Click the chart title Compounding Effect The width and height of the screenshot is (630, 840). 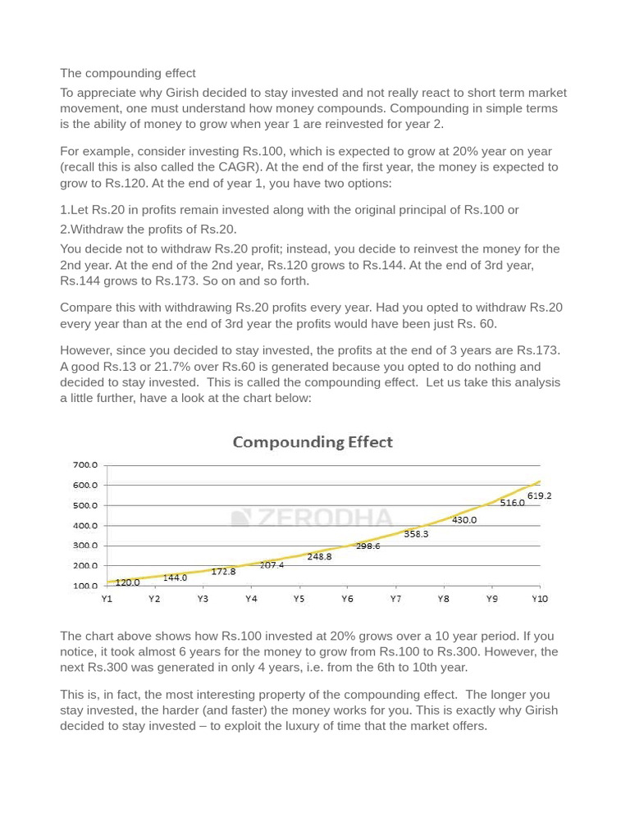pyautogui.click(x=313, y=442)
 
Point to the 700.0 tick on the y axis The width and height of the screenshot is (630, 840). pyautogui.click(x=85, y=465)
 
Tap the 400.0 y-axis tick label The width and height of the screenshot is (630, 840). pyautogui.click(x=85, y=526)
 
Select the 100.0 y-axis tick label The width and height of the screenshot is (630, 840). pyautogui.click(x=85, y=586)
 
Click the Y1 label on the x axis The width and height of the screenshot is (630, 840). pyautogui.click(x=107, y=600)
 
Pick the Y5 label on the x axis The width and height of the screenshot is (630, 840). pyautogui.click(x=299, y=600)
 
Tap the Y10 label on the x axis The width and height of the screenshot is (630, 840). pyautogui.click(x=539, y=600)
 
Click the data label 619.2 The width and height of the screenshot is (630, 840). pyautogui.click(x=539, y=496)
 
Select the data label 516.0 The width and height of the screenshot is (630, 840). pyautogui.click(x=512, y=503)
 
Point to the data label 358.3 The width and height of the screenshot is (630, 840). pyautogui.click(x=416, y=534)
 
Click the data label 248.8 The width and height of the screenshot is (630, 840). pyautogui.click(x=319, y=556)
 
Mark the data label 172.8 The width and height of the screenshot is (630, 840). pyautogui.click(x=223, y=572)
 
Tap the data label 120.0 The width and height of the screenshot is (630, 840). pyautogui.click(x=127, y=582)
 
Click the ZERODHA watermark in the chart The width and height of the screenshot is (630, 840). pyautogui.click(x=313, y=518)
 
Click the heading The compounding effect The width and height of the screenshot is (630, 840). pyautogui.click(x=128, y=73)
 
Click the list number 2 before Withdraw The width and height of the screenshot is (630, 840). pyautogui.click(x=63, y=229)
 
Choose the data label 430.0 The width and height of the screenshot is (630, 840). pyautogui.click(x=463, y=520)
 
